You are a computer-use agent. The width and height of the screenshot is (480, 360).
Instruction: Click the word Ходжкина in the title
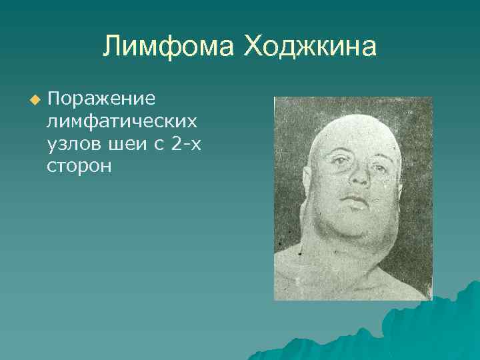point(310,47)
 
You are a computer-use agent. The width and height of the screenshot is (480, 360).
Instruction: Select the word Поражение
point(101,99)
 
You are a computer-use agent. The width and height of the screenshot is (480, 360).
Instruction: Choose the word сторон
point(79,166)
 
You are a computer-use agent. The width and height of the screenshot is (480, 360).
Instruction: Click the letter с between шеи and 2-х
point(157,144)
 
